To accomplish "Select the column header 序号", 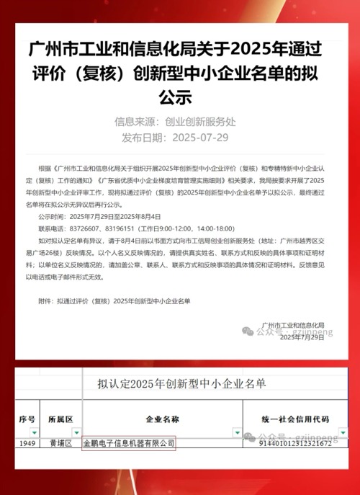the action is click(27, 419).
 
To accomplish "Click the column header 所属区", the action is click(60, 419).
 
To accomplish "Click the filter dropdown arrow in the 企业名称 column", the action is click(237, 432).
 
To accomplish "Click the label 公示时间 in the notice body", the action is click(51, 216).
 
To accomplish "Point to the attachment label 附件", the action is click(46, 300).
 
